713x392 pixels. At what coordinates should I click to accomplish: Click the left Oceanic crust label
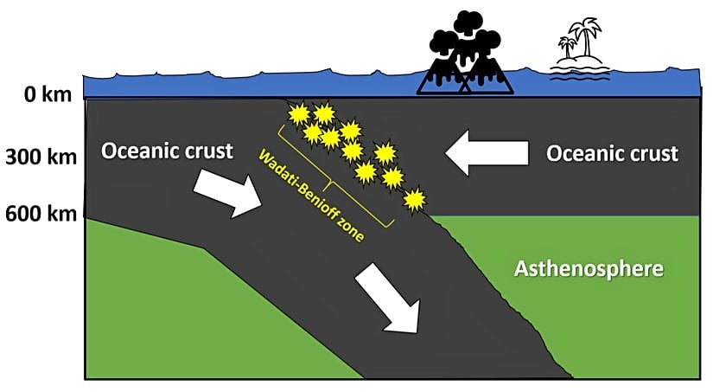click(x=167, y=151)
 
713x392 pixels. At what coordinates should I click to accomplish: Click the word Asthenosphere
click(x=589, y=268)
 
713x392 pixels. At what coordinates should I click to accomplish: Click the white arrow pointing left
click(x=487, y=154)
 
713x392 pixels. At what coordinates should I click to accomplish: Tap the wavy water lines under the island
click(x=573, y=75)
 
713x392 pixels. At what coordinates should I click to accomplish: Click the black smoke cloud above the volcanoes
click(x=466, y=35)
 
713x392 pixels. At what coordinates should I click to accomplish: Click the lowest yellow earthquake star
click(x=416, y=200)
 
